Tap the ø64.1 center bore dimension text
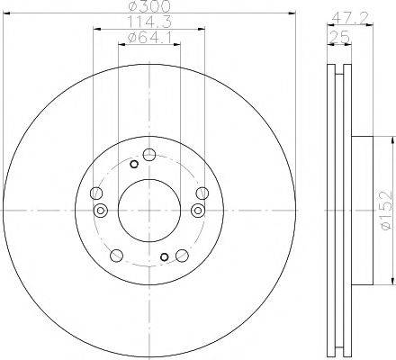point(149,37)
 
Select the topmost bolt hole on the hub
point(148,152)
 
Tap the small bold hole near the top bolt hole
point(134,164)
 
